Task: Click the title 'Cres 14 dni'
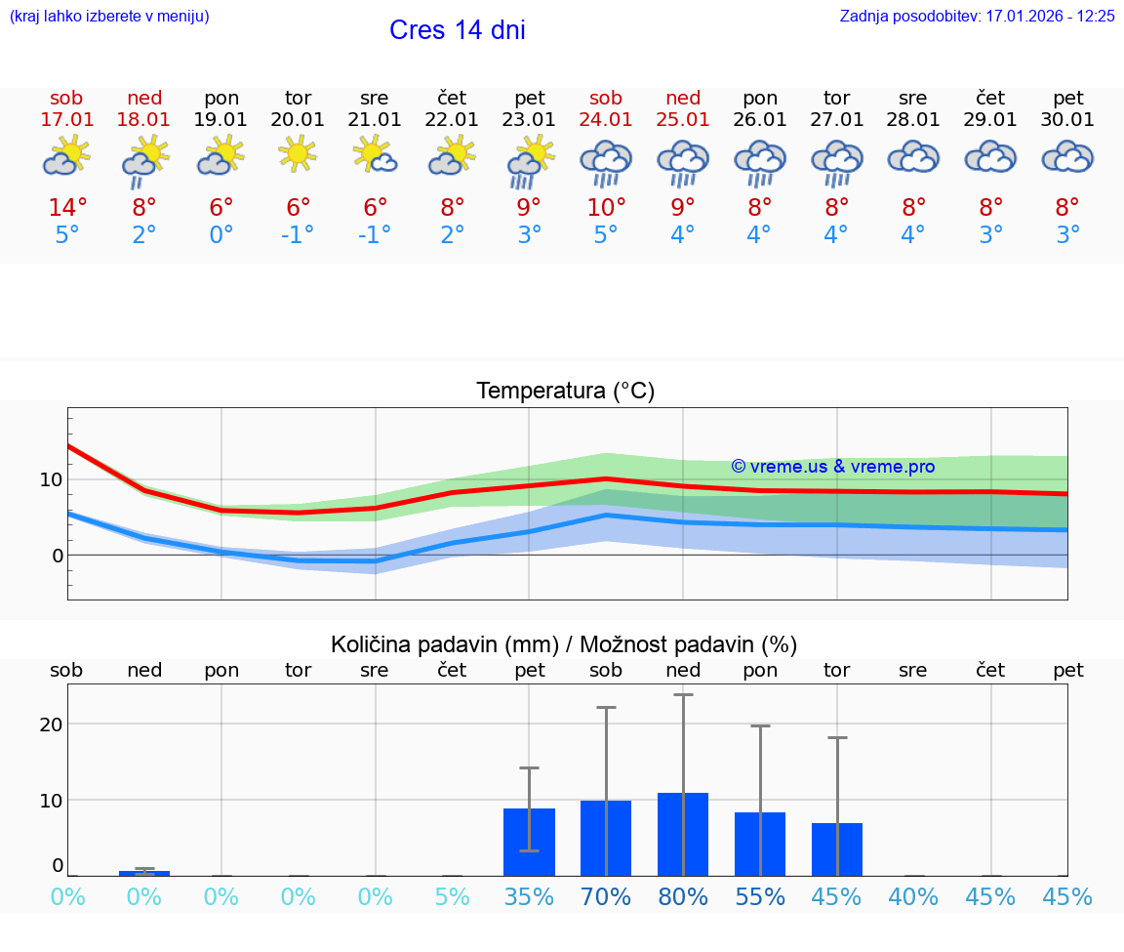[457, 30]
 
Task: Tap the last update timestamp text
[977, 16]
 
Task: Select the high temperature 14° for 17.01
[67, 208]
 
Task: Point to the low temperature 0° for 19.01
[221, 235]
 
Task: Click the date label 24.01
[606, 120]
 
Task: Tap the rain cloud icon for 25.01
[683, 160]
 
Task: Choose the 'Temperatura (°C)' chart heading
[565, 392]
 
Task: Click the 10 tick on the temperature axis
[52, 479]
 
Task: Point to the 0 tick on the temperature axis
[57, 556]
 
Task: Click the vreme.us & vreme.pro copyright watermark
[832, 467]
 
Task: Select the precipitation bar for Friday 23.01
[529, 842]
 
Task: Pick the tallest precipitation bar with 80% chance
[683, 834]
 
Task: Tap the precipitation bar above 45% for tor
[837, 849]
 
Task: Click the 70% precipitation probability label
[606, 896]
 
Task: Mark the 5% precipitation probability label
[452, 896]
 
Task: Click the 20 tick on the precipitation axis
[51, 724]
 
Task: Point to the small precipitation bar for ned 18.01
[144, 873]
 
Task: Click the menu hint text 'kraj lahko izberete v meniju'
[109, 16]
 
